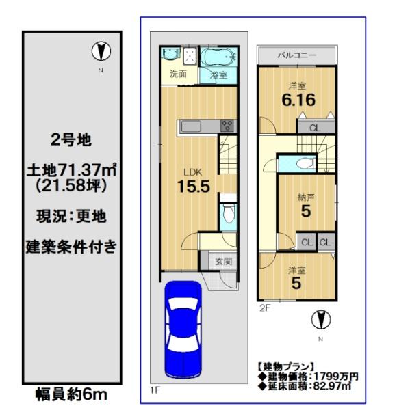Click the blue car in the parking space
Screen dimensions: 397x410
[x=183, y=329]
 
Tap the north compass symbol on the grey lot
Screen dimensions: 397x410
[x=101, y=51]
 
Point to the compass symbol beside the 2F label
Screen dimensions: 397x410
[x=321, y=320]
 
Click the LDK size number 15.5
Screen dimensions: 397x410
[x=194, y=187]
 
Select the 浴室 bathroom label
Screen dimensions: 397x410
[x=218, y=75]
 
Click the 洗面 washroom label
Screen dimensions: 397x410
[x=178, y=74]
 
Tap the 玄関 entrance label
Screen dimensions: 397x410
[x=223, y=261]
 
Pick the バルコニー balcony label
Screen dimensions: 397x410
[x=297, y=55]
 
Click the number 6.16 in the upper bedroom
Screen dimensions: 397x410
[x=298, y=100]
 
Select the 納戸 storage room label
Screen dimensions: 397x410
[x=306, y=197]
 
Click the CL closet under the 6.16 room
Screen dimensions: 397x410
[x=315, y=128]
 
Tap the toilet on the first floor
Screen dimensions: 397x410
[x=229, y=213]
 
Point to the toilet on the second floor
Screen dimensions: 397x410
[x=305, y=164]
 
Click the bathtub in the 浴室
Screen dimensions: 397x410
[x=218, y=57]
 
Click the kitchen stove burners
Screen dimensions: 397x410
[x=227, y=125]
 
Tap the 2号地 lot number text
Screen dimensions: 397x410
[x=71, y=140]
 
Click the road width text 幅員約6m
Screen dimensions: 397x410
[x=71, y=394]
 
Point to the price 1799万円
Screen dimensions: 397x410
[x=335, y=377]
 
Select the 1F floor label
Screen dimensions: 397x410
[x=155, y=390]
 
